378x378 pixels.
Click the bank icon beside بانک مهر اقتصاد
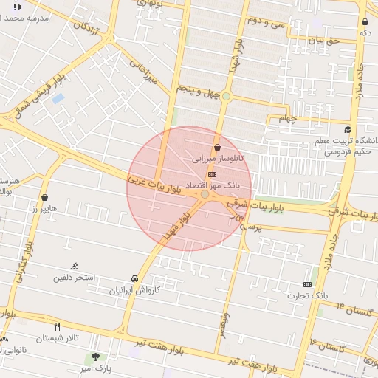click(213, 174)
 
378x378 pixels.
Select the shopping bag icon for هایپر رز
click(47, 199)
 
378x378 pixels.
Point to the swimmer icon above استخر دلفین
click(74, 266)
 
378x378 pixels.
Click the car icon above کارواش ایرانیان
click(134, 278)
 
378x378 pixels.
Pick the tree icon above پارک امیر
click(94, 357)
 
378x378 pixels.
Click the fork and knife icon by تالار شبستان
click(57, 326)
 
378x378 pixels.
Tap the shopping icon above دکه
click(365, 22)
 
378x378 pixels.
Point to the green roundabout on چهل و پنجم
click(226, 96)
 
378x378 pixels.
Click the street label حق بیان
click(324, 41)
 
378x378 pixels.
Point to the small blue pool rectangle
click(58, 97)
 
